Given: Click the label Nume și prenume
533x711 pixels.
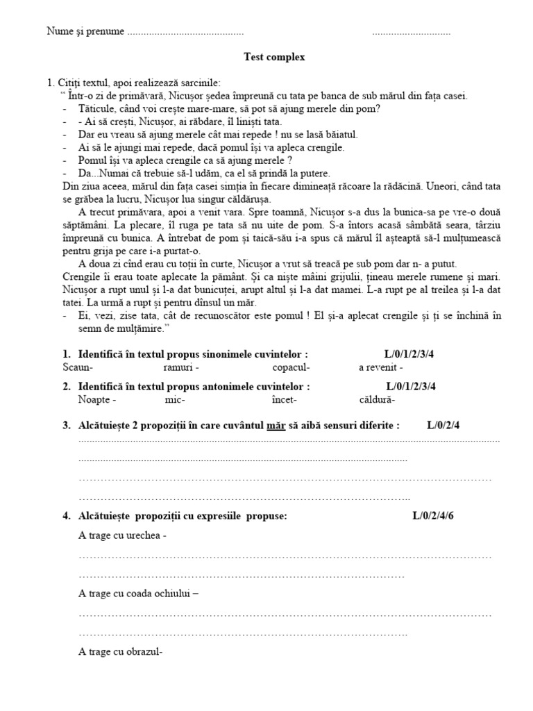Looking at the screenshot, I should click(85, 31).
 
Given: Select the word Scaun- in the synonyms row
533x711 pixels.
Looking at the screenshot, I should click(78, 367).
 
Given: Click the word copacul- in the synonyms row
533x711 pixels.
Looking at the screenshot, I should click(291, 367).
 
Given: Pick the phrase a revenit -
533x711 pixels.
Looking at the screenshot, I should click(380, 367).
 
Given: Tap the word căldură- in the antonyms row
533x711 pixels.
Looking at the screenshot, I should click(378, 400).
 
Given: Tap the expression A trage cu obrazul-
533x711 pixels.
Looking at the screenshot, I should click(121, 652).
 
